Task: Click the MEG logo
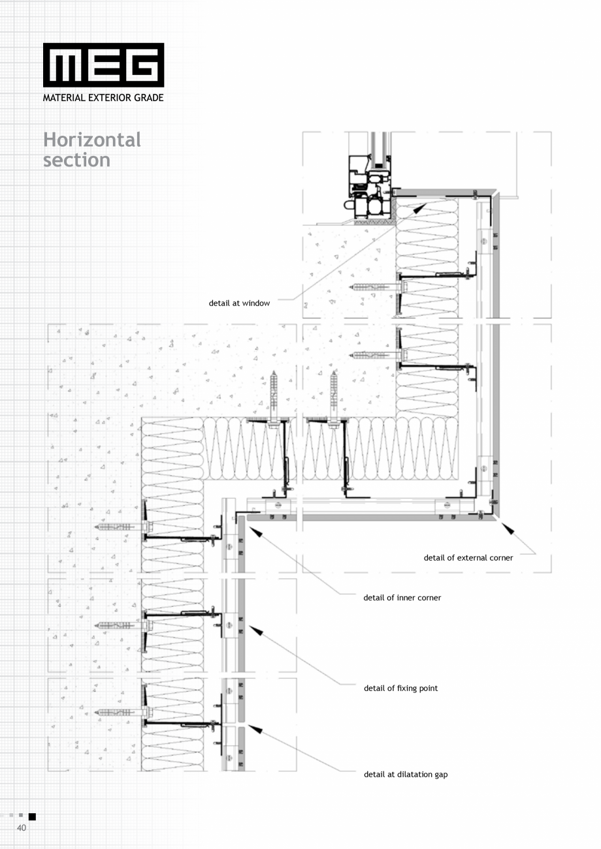click(x=104, y=65)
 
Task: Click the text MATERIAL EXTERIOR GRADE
click(x=103, y=98)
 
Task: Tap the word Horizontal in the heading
click(x=92, y=140)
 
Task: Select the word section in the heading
click(x=76, y=160)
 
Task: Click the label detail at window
click(x=239, y=303)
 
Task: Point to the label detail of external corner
click(x=468, y=558)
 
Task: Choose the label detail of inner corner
click(x=402, y=598)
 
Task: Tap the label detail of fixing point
click(x=400, y=688)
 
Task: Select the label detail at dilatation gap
click(x=406, y=775)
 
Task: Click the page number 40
click(x=22, y=827)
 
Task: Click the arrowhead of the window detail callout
click(x=420, y=208)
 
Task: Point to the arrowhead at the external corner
click(x=508, y=529)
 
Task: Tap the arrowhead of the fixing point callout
click(x=255, y=630)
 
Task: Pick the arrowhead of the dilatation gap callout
click(x=255, y=729)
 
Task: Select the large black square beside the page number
click(x=32, y=816)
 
